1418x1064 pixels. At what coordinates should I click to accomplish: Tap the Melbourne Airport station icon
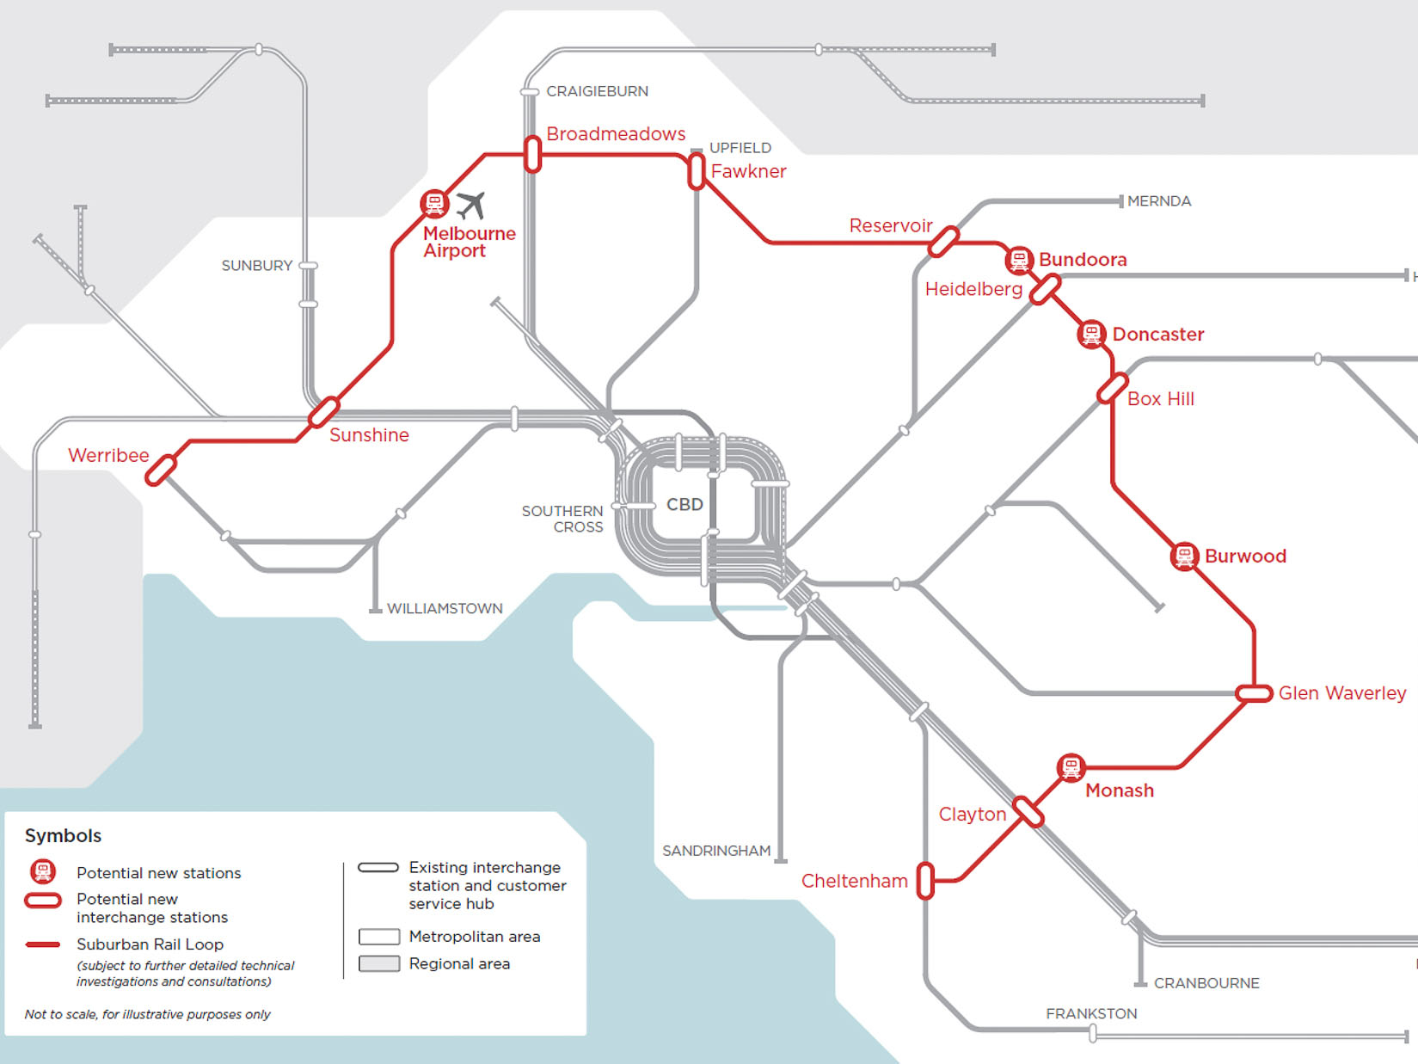pos(434,204)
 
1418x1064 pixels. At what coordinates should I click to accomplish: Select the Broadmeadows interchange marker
pos(532,155)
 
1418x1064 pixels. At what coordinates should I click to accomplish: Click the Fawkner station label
pos(748,171)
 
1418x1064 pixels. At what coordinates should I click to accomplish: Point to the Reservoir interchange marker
pos(943,242)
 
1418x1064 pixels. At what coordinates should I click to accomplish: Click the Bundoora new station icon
pos(1018,259)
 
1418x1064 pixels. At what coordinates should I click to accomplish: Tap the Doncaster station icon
pos(1091,334)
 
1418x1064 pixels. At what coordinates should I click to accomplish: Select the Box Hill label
pos(1160,399)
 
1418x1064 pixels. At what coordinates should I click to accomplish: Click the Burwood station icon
pos(1184,556)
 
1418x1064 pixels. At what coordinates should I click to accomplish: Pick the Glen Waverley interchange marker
pos(1254,693)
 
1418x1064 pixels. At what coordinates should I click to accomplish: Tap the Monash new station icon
pos(1071,767)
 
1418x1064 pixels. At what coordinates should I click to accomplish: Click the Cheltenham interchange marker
pos(925,881)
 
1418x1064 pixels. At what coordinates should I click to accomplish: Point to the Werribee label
pos(108,455)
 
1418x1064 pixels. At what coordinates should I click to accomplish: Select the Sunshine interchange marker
pos(323,412)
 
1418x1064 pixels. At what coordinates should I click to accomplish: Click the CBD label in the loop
pos(684,504)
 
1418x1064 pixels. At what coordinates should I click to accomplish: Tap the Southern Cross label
pos(562,519)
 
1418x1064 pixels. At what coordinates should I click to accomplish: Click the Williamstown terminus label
pos(445,608)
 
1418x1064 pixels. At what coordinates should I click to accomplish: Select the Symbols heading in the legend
pos(63,835)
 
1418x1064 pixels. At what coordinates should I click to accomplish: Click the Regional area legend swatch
pos(379,963)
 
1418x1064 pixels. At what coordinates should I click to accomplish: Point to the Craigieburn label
pos(597,91)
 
